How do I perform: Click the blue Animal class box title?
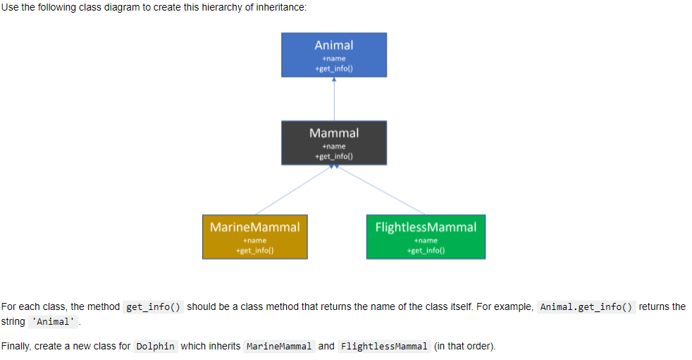[334, 45]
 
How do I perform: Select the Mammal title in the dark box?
[334, 133]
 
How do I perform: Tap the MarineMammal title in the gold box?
[254, 227]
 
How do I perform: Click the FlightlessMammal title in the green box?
[426, 227]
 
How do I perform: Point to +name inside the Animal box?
[334, 58]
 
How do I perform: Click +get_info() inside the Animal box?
[334, 68]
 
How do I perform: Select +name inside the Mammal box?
[334, 147]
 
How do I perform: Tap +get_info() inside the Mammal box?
[334, 156]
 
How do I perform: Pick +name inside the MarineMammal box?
[254, 240]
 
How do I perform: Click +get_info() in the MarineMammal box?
[254, 250]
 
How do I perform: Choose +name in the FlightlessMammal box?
[426, 240]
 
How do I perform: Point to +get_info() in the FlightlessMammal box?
[426, 250]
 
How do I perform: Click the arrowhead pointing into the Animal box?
[334, 80]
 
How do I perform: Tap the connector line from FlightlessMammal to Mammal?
[381, 190]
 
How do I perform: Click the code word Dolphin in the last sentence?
[155, 347]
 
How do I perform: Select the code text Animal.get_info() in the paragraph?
[587, 307]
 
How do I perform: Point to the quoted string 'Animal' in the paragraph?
[52, 322]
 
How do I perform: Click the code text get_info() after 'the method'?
[154, 307]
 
